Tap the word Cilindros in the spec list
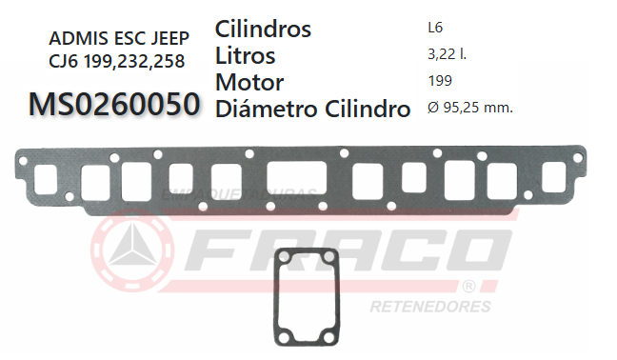click(x=264, y=30)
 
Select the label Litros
click(x=246, y=55)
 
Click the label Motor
click(x=249, y=82)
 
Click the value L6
click(x=436, y=29)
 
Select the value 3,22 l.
click(x=448, y=55)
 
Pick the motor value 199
click(x=441, y=81)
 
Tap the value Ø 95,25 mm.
click(x=470, y=108)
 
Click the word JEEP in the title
click(x=166, y=39)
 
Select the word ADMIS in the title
click(x=74, y=39)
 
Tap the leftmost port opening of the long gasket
click(x=48, y=178)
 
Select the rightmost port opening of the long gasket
click(x=554, y=178)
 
